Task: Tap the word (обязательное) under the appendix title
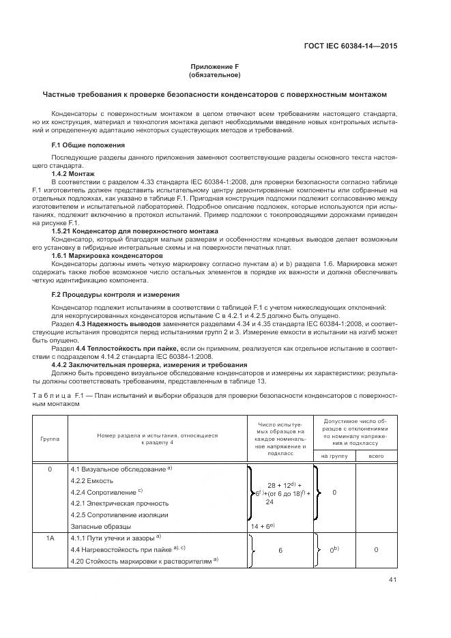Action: [215, 75]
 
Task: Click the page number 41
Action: [391, 581]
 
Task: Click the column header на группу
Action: [333, 455]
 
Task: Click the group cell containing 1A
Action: [50, 538]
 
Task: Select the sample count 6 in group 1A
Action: [280, 549]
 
